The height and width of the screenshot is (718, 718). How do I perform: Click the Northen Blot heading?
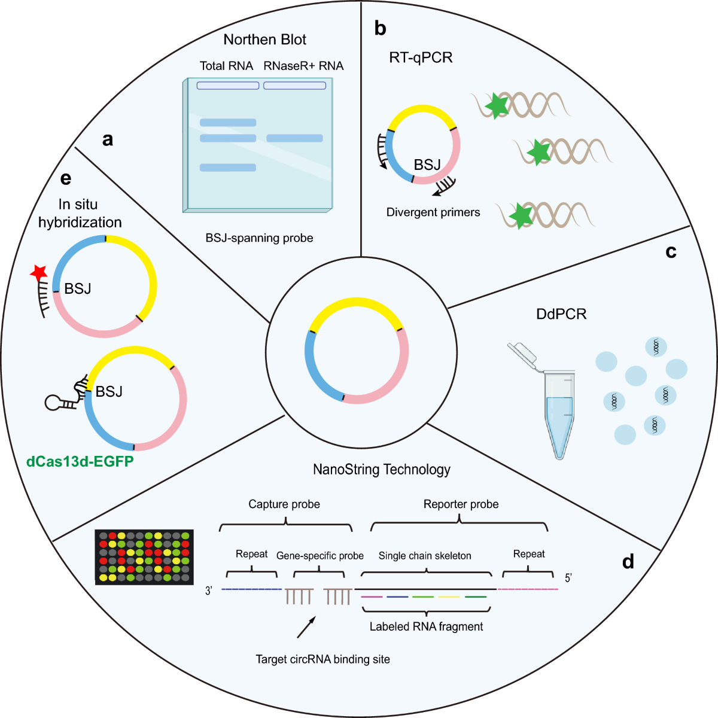click(264, 40)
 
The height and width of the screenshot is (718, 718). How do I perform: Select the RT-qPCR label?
click(421, 57)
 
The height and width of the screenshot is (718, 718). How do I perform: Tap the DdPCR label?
click(561, 314)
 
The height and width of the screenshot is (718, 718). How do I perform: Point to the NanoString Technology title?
click(382, 470)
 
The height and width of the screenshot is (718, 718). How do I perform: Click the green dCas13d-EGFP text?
click(80, 461)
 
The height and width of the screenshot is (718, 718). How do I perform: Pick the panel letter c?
click(671, 252)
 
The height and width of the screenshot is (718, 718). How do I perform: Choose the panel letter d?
click(628, 562)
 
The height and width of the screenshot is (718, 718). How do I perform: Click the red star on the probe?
click(39, 273)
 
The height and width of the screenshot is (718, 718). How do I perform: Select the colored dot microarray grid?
click(145, 557)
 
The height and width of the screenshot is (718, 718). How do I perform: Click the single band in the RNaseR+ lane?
click(294, 138)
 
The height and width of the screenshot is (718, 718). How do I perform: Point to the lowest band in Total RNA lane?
click(228, 168)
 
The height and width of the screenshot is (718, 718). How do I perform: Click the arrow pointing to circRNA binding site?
click(306, 628)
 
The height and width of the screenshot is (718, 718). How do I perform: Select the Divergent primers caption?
click(433, 212)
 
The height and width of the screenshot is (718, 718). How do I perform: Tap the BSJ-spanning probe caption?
click(259, 238)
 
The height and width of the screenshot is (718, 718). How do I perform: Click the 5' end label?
click(568, 578)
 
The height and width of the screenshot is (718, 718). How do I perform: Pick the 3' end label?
click(209, 591)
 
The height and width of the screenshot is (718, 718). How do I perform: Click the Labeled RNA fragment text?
click(426, 626)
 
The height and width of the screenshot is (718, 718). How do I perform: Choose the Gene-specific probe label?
click(320, 556)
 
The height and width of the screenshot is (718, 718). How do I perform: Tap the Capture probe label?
click(284, 504)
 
